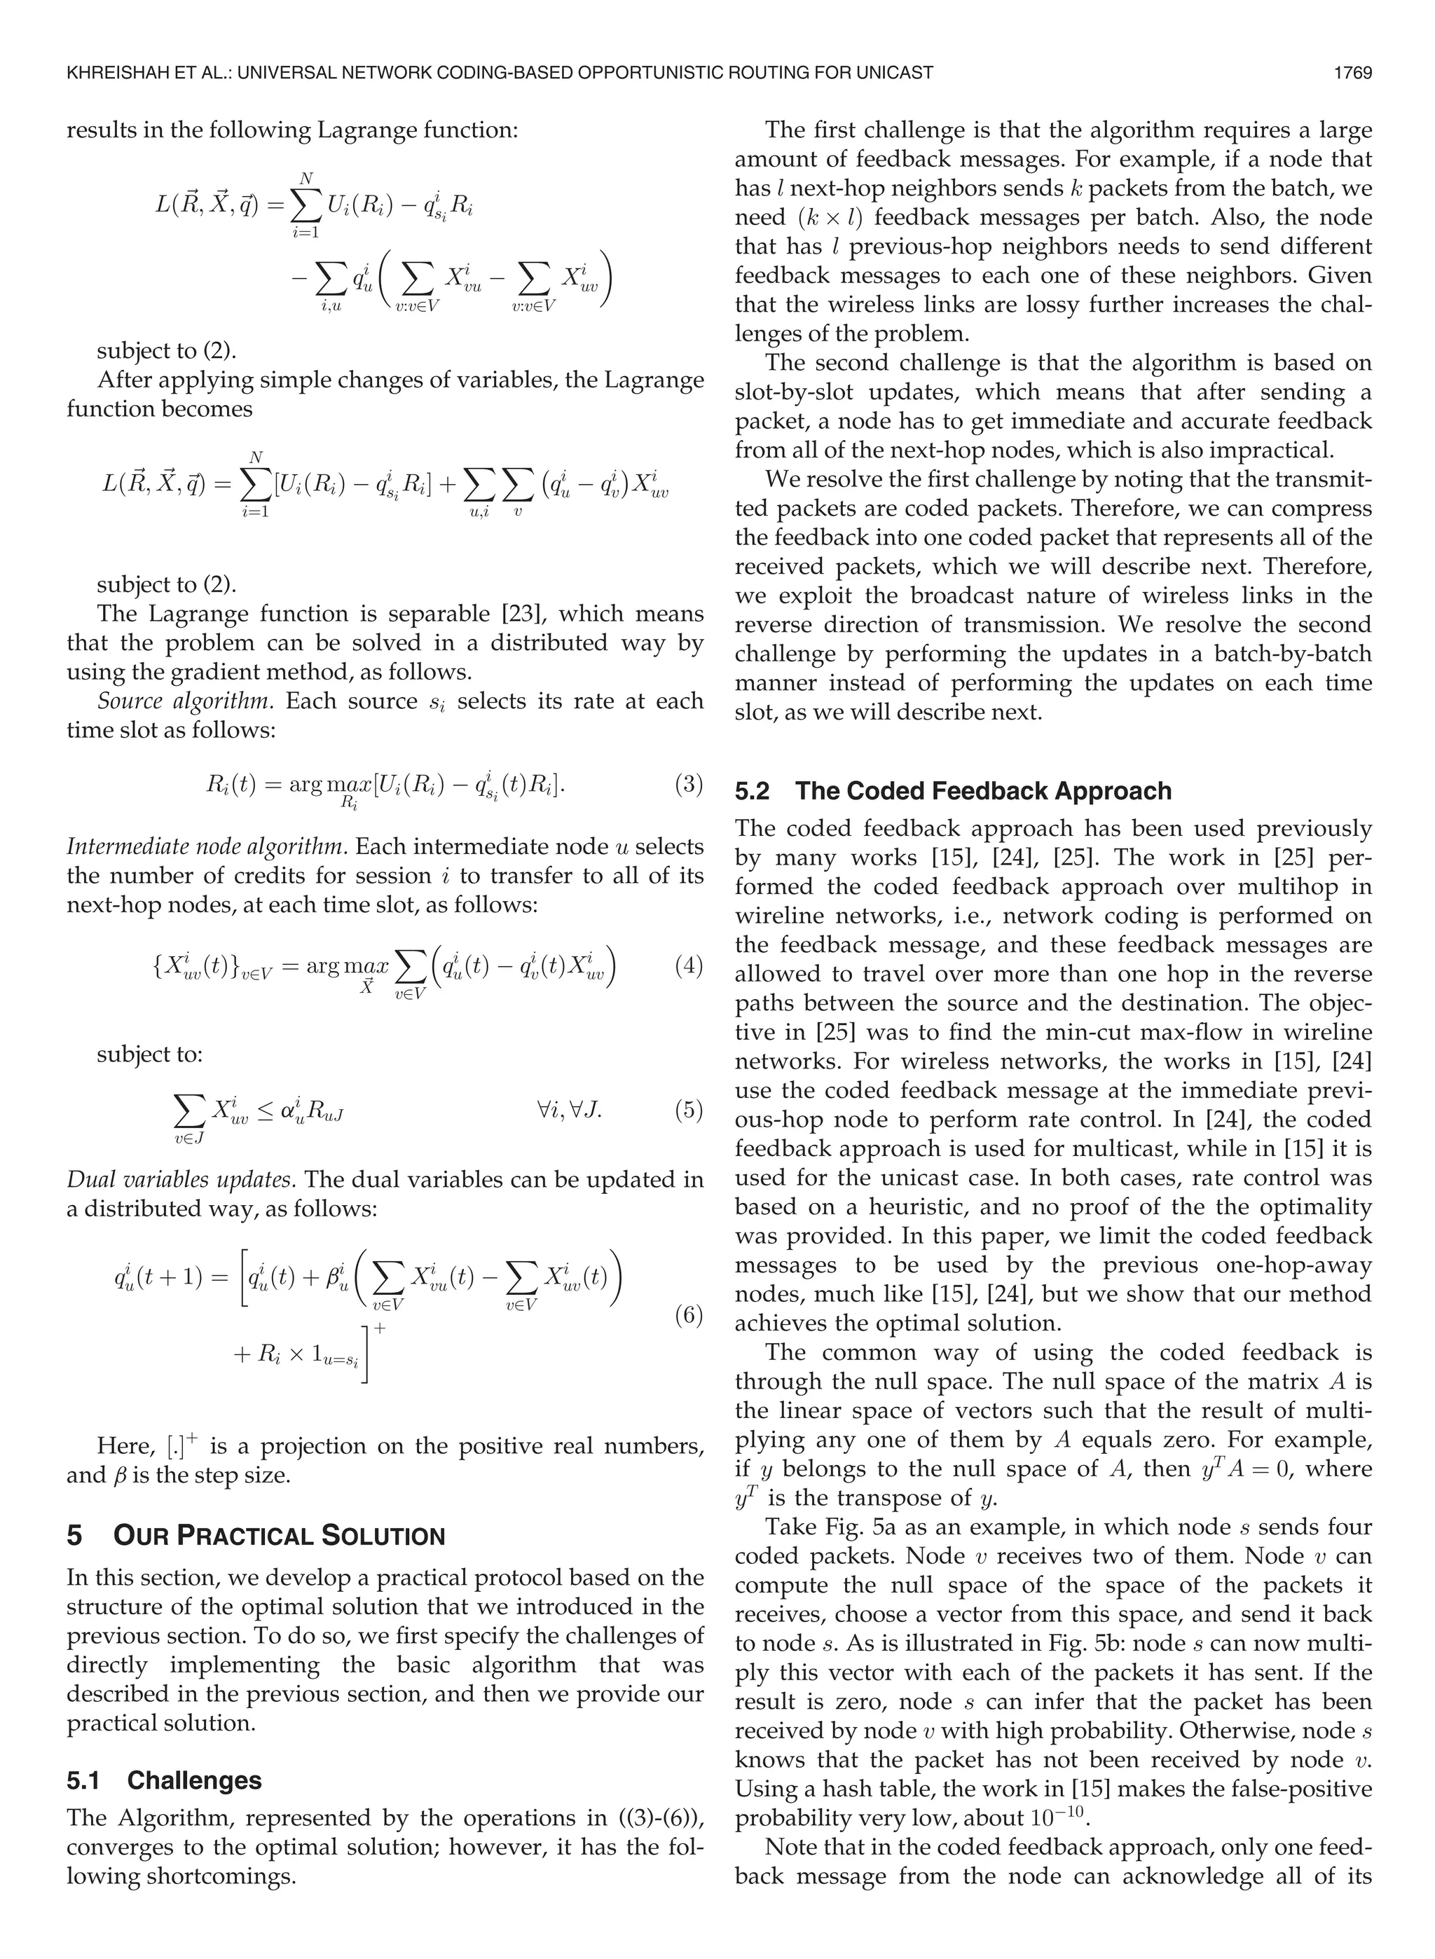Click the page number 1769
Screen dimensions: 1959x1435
pos(1352,73)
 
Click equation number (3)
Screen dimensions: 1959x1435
pos(688,785)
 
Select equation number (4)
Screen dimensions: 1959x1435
pos(688,966)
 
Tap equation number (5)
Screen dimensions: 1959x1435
pos(688,1111)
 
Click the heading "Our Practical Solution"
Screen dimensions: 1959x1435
pos(279,1536)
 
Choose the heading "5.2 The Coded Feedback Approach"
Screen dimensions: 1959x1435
pos(953,791)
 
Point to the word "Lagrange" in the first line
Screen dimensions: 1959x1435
pos(363,130)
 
